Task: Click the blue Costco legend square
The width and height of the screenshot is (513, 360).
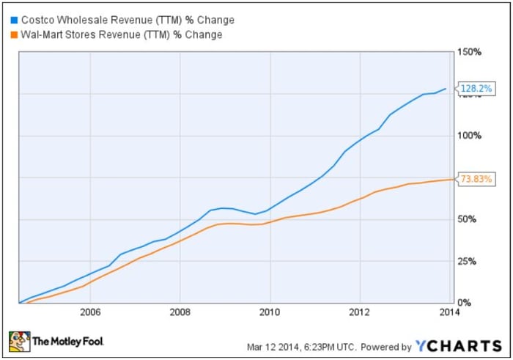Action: click(14, 21)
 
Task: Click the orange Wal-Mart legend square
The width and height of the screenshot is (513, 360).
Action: click(14, 34)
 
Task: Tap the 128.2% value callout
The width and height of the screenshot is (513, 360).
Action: click(476, 89)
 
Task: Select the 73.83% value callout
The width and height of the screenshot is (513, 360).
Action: click(476, 179)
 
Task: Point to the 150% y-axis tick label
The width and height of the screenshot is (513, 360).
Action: click(470, 52)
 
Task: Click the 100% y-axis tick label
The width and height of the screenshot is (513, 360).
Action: click(470, 136)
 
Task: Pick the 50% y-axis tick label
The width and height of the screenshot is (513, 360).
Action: click(467, 219)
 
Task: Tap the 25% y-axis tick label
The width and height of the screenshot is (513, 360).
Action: click(467, 261)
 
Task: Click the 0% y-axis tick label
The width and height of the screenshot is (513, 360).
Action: click(464, 303)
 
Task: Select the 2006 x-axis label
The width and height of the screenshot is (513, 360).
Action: click(90, 312)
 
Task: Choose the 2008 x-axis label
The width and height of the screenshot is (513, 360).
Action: click(180, 312)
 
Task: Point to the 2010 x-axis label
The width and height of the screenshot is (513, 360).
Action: click(270, 312)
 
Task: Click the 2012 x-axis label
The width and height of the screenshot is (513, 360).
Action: click(360, 312)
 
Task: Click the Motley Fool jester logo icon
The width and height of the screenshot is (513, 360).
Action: click(19, 342)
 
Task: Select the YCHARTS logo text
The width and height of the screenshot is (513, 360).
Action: click(458, 346)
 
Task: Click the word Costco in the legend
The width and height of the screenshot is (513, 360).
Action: click(37, 21)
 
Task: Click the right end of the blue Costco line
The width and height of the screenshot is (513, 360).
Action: click(446, 89)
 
